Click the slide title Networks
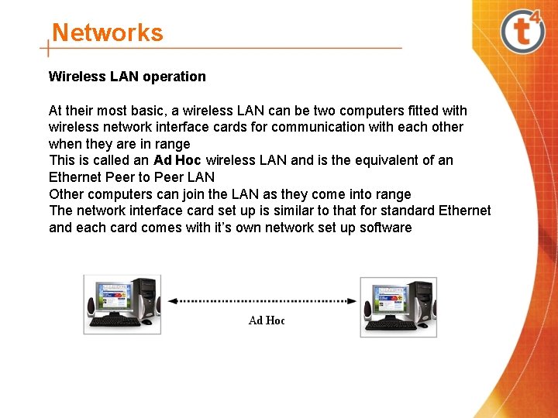point(107,33)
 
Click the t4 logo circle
point(523,32)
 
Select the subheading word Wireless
point(73,77)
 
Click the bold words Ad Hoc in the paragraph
point(177,160)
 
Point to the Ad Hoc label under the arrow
point(267,320)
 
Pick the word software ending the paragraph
point(386,228)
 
